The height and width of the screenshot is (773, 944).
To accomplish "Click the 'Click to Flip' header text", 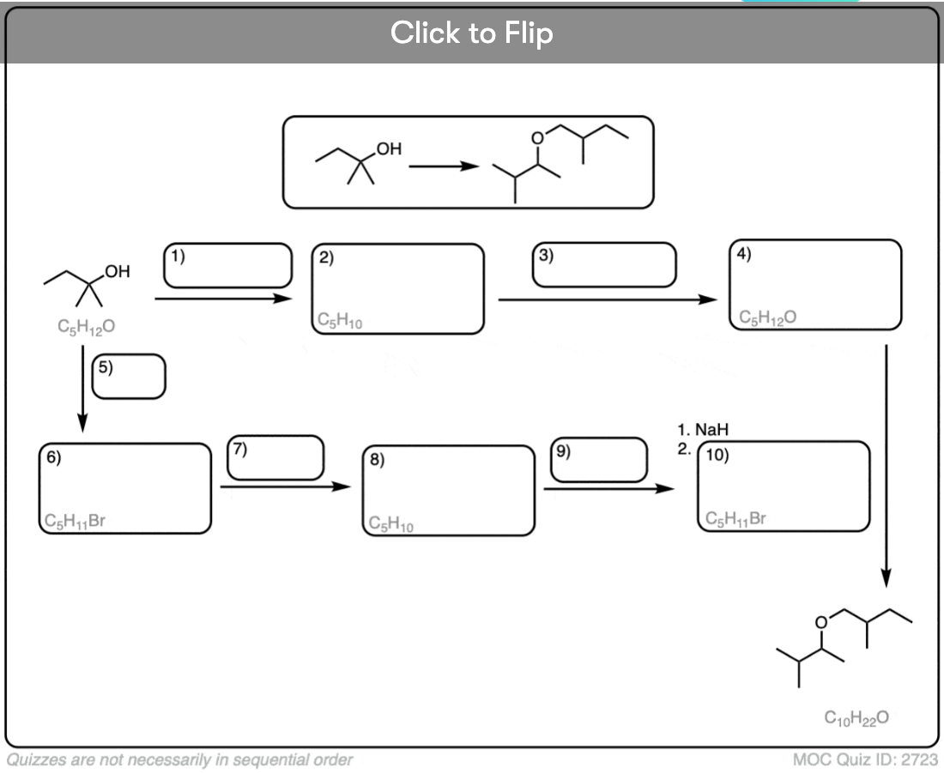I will (471, 33).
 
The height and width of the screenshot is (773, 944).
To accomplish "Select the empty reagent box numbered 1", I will (227, 265).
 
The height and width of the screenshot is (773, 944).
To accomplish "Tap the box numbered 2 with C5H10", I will (397, 289).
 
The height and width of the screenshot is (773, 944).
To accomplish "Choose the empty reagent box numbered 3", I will (604, 265).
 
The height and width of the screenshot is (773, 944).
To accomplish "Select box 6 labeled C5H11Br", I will (124, 488).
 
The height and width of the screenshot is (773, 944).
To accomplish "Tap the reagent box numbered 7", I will (275, 457).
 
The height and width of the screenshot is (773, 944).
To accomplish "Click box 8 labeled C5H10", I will (448, 491).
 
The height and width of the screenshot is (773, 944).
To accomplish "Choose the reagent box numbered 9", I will (598, 459).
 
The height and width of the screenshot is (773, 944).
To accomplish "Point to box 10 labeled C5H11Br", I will (784, 486).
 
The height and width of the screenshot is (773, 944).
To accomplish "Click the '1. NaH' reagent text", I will (706, 430).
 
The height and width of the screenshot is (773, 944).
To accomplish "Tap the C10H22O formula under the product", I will (856, 717).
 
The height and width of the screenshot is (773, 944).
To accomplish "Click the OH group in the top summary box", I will (387, 149).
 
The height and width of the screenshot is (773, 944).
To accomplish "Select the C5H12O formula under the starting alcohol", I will (82, 326).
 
